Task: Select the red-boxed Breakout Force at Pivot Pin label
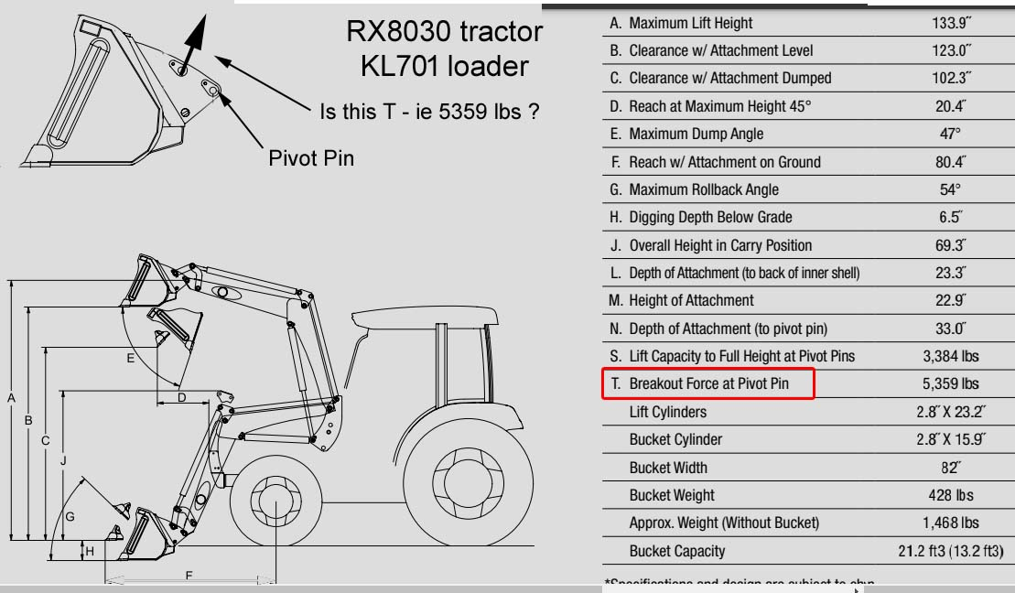708,384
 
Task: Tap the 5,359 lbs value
951,384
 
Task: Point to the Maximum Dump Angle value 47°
951,134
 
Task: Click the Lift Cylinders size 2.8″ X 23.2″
951,412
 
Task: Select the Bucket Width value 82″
951,468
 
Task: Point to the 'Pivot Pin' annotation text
310,157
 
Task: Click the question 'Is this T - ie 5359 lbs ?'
427,112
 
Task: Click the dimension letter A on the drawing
11,398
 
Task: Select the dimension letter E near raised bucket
131,359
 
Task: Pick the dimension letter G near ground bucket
70,516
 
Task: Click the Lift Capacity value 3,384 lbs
951,356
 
